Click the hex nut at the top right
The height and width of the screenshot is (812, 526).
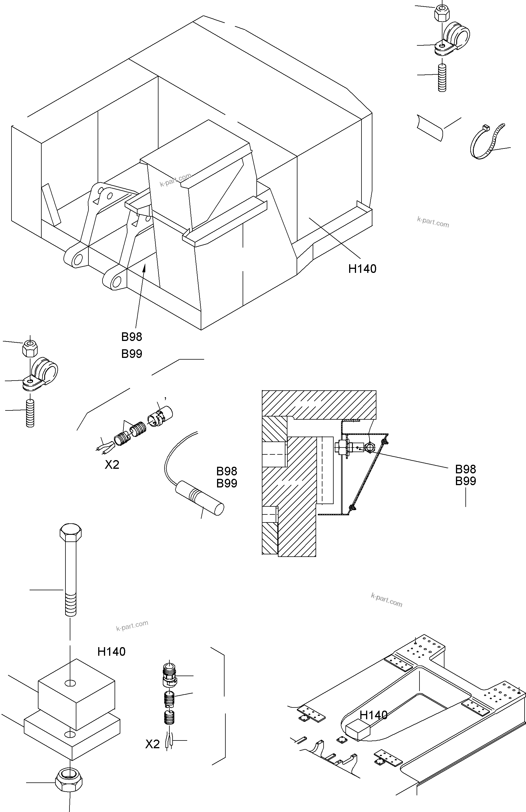click(x=442, y=13)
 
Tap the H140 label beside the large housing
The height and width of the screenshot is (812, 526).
click(x=362, y=269)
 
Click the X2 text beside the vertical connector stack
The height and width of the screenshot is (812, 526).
click(x=152, y=744)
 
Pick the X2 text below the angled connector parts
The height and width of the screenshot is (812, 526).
click(x=112, y=465)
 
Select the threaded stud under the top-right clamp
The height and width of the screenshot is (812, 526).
click(x=442, y=78)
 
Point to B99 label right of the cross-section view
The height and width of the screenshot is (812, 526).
click(x=466, y=481)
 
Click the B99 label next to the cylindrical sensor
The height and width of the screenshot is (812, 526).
click(x=227, y=483)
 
